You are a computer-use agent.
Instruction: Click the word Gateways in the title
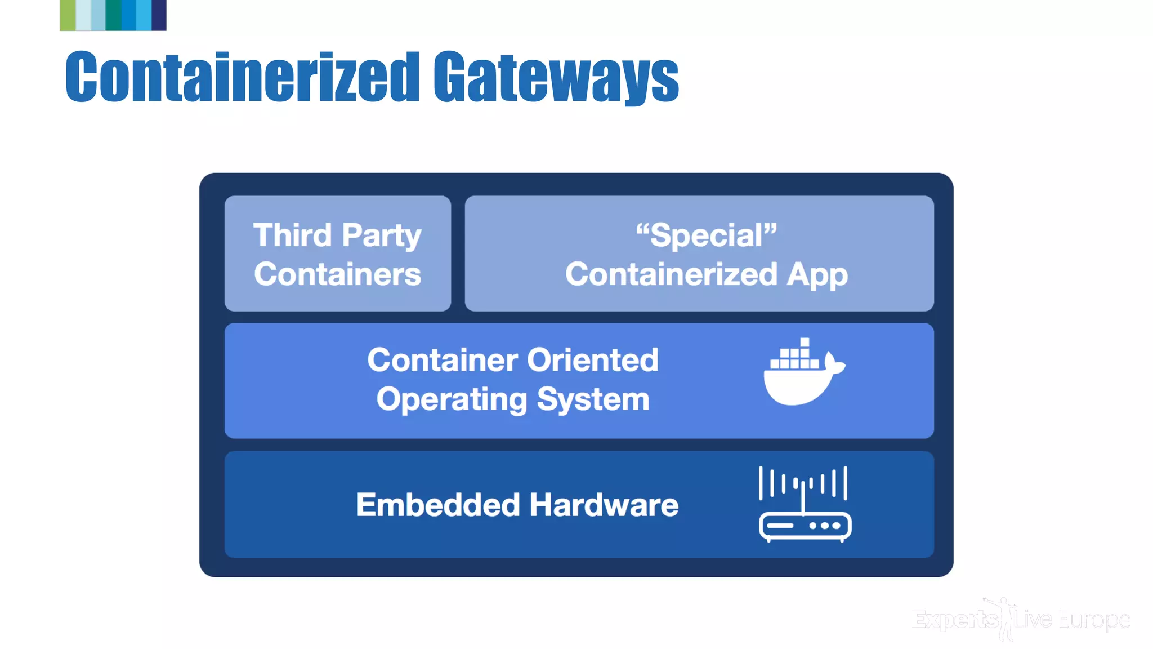556,77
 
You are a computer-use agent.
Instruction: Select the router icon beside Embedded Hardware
805,504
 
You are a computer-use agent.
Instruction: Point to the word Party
381,236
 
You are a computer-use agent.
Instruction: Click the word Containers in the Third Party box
337,274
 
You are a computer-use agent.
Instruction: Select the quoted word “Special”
706,235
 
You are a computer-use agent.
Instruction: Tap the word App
817,275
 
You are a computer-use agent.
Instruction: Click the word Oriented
592,360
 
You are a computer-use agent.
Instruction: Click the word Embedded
437,505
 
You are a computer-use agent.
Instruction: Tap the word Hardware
604,505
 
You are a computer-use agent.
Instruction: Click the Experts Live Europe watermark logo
1020,620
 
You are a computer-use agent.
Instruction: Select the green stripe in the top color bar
68,15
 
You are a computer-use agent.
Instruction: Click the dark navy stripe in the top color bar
159,15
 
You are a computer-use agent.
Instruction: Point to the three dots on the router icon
825,526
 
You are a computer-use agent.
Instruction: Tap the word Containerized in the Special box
671,274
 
